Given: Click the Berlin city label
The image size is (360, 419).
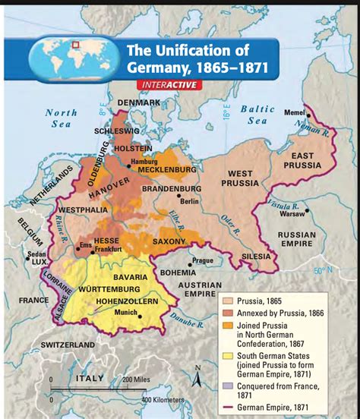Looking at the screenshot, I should pyautogui.click(x=189, y=201).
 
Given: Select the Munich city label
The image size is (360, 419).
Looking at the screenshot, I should pyautogui.click(x=125, y=312).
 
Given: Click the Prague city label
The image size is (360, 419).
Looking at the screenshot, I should pyautogui.click(x=202, y=260).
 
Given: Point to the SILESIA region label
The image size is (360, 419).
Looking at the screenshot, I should pyautogui.click(x=255, y=257).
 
